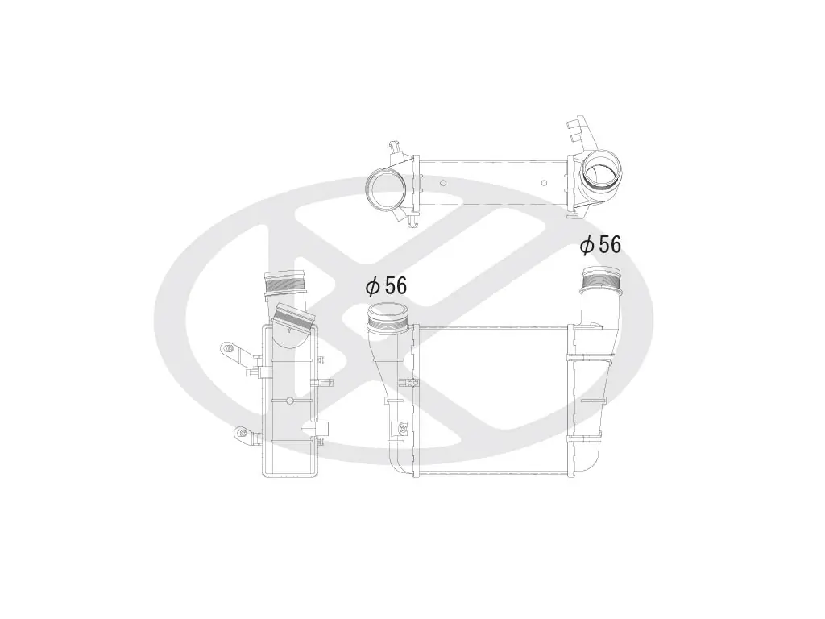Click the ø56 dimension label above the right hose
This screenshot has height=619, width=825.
click(x=601, y=244)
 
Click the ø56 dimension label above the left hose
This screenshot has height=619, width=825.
click(x=387, y=285)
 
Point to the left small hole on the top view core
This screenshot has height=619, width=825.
click(x=442, y=181)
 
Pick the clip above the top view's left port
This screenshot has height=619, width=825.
click(x=394, y=149)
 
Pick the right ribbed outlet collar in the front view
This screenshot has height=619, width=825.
click(x=600, y=280)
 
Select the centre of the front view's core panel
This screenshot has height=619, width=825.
click(x=494, y=401)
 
